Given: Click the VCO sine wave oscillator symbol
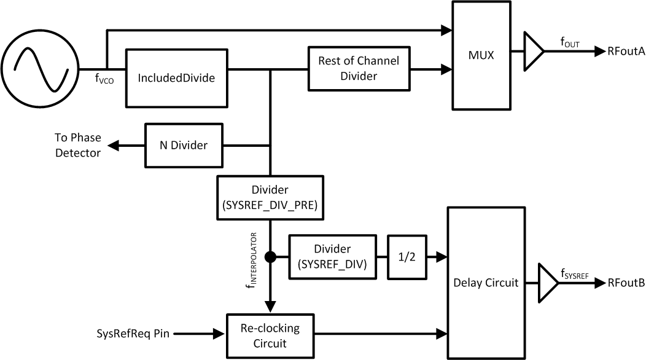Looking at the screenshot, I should pos(39,68).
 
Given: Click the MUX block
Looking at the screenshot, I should pos(482,55).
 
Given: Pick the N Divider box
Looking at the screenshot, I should pos(184,146).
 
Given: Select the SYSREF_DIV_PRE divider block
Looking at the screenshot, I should pos(270,197).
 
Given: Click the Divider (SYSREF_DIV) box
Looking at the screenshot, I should pos(332,256).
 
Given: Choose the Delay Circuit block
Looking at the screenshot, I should pos(486,283).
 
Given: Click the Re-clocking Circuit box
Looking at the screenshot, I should pos(270,335).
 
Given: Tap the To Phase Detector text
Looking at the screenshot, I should pos(78,145).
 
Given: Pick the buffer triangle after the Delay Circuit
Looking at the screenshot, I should pos(547,283).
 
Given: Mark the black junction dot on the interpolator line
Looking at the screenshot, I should pos(270,257).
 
